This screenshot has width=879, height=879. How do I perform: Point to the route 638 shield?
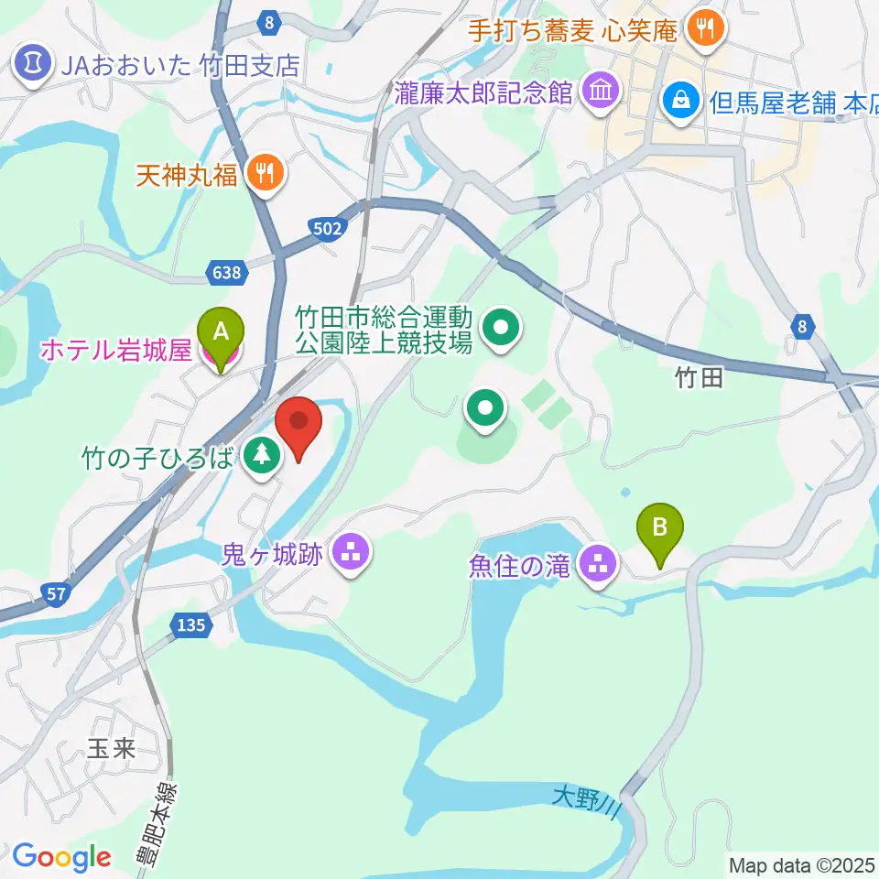[225, 272]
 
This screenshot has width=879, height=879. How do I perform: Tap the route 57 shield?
[56, 594]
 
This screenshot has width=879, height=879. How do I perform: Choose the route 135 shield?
[190, 625]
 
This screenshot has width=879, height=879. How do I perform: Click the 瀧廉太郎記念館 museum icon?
[601, 92]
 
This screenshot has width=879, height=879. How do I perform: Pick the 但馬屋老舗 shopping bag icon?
[682, 99]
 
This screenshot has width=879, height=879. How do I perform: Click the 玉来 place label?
[111, 750]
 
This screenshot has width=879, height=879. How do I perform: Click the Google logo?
[61, 858]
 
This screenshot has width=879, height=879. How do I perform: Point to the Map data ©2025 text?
[801, 864]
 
